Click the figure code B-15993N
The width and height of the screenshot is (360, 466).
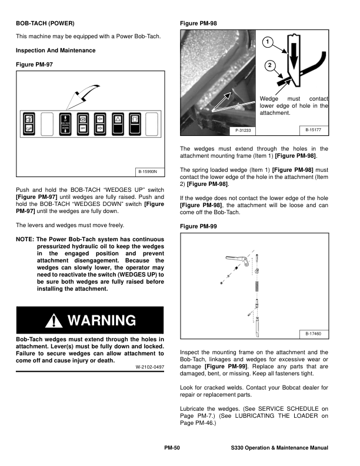coord(148,172)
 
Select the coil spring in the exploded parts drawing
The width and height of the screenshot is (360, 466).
coord(256,287)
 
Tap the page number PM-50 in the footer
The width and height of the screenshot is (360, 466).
coord(172,448)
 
